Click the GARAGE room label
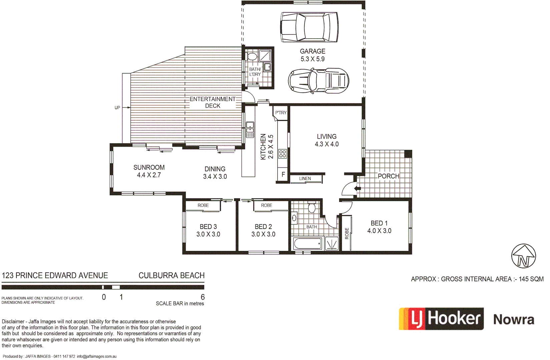[312, 51]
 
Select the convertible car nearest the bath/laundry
[319, 81]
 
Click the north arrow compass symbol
[523, 256]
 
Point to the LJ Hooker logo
[441, 319]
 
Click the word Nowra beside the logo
[513, 319]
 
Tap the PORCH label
[388, 176]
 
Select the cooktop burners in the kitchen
[283, 154]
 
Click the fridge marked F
[283, 174]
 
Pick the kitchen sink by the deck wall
[250, 130]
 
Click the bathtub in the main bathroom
[307, 243]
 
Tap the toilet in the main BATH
[312, 208]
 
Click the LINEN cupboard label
[305, 179]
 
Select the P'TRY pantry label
[281, 113]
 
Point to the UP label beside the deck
[117, 108]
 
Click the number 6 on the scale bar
[202, 297]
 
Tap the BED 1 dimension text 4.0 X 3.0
[379, 231]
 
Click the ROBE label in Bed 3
[203, 205]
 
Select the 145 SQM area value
[531, 279]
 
